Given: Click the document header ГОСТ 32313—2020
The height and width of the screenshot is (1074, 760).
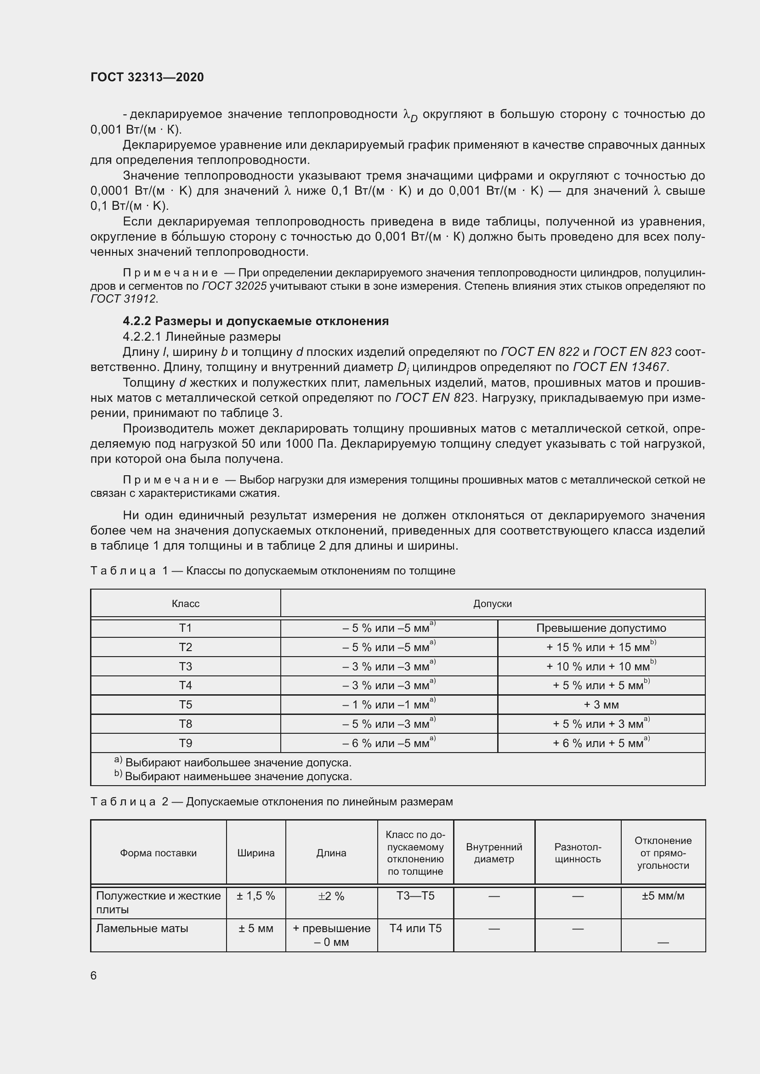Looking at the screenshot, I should point(147,77).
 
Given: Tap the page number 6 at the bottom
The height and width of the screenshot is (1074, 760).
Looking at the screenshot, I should point(94,976).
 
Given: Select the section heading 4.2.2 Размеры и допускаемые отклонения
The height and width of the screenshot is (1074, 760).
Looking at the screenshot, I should point(255,321).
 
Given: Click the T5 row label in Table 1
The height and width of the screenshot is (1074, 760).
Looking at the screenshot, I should point(185,704).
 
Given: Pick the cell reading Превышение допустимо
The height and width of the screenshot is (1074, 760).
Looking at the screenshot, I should point(601,628).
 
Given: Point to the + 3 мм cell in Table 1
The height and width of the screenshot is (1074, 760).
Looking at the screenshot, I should point(601,704).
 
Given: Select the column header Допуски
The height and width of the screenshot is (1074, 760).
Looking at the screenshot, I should point(492,603).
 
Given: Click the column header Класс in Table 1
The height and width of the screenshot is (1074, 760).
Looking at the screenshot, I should point(185,603).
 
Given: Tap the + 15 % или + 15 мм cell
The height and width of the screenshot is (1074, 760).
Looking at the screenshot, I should point(601,647).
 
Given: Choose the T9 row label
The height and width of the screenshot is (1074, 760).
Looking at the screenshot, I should point(185,743).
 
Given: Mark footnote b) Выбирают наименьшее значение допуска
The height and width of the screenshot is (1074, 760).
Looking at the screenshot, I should point(234,777).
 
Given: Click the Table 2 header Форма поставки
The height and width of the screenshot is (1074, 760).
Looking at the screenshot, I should point(158,853).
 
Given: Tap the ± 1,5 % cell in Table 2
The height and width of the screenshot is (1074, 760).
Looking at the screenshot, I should point(255,896).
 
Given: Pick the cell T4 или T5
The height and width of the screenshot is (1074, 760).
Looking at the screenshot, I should point(415,928).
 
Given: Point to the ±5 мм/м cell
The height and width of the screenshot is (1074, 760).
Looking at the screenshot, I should point(663,896).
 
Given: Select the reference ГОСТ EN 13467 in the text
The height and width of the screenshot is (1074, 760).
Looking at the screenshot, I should point(619,367).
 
